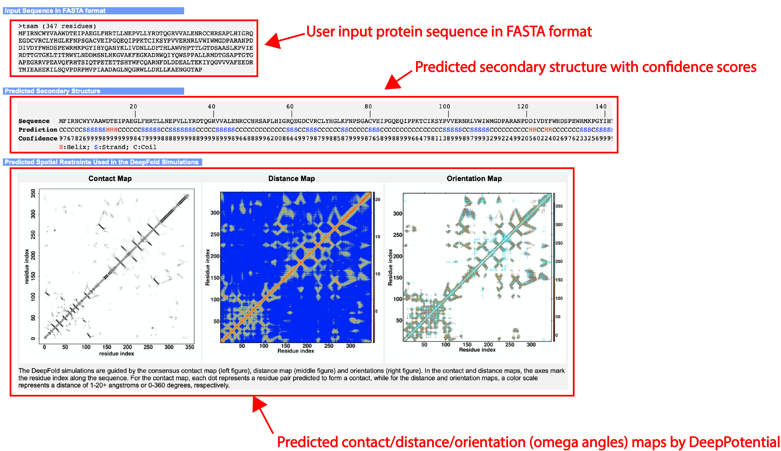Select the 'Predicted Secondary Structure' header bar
(x=93, y=91)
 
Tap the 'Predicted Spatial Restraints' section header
(x=102, y=162)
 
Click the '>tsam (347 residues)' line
(x=57, y=26)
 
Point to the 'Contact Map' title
(x=110, y=178)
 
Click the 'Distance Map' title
(x=291, y=178)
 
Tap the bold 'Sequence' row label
(x=34, y=121)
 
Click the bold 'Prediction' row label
(x=38, y=130)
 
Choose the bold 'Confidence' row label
(x=38, y=138)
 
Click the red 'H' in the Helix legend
(x=61, y=147)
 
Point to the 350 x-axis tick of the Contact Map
(x=190, y=347)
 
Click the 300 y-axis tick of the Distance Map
(x=215, y=213)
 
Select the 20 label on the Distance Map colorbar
(x=378, y=199)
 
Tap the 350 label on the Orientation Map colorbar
(x=559, y=206)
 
